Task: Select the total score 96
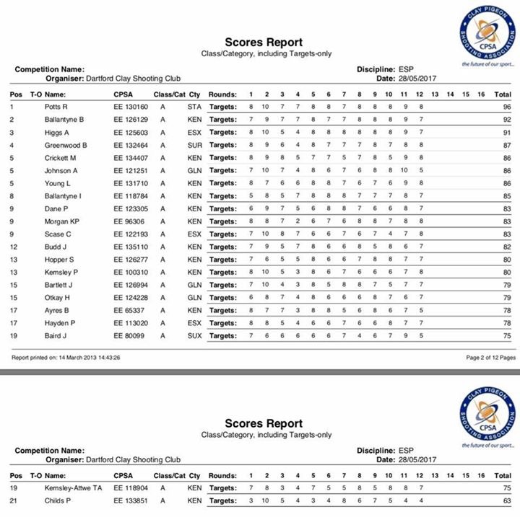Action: [x=507, y=107]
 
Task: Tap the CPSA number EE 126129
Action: [x=131, y=119]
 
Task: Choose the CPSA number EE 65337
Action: [x=129, y=310]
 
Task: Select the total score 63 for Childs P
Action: [x=507, y=500]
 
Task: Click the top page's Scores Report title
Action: [x=264, y=43]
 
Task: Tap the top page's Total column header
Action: [x=503, y=94]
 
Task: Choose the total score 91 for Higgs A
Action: [x=507, y=132]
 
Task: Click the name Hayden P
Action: [x=60, y=323]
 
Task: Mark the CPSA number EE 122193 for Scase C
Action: [x=131, y=234]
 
